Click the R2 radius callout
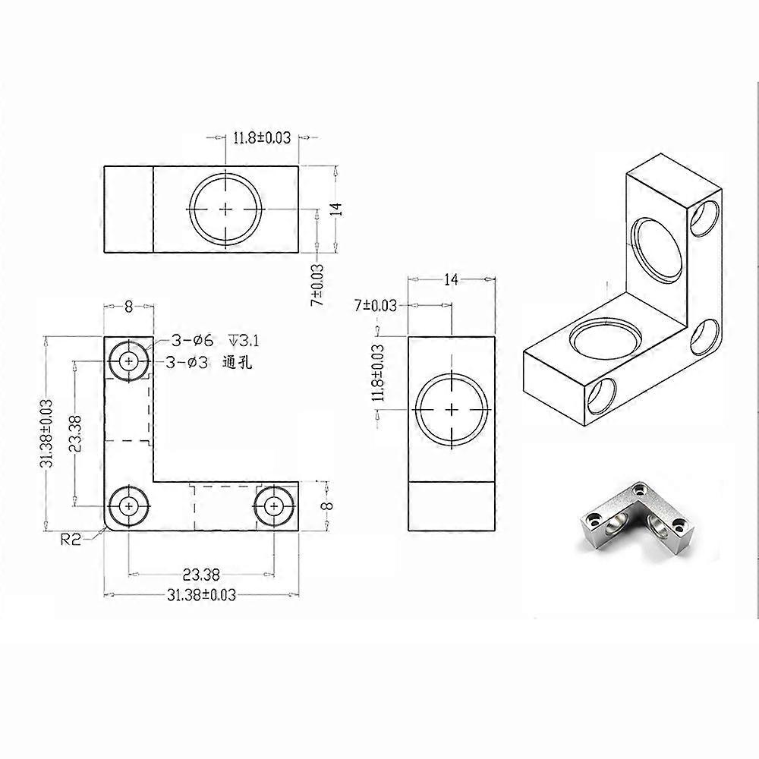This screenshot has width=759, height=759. [71, 540]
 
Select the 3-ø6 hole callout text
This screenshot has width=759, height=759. [187, 340]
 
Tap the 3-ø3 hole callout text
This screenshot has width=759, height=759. [187, 363]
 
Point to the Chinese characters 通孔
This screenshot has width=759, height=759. [237, 363]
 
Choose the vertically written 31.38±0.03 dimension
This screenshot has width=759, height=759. [47, 433]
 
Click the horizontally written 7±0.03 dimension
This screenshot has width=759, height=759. [376, 305]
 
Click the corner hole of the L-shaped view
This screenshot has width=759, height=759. [129, 505]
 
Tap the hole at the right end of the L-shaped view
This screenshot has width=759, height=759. [275, 505]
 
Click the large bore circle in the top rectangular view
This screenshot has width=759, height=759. [226, 208]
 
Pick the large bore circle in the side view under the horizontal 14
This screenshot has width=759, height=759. [452, 409]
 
